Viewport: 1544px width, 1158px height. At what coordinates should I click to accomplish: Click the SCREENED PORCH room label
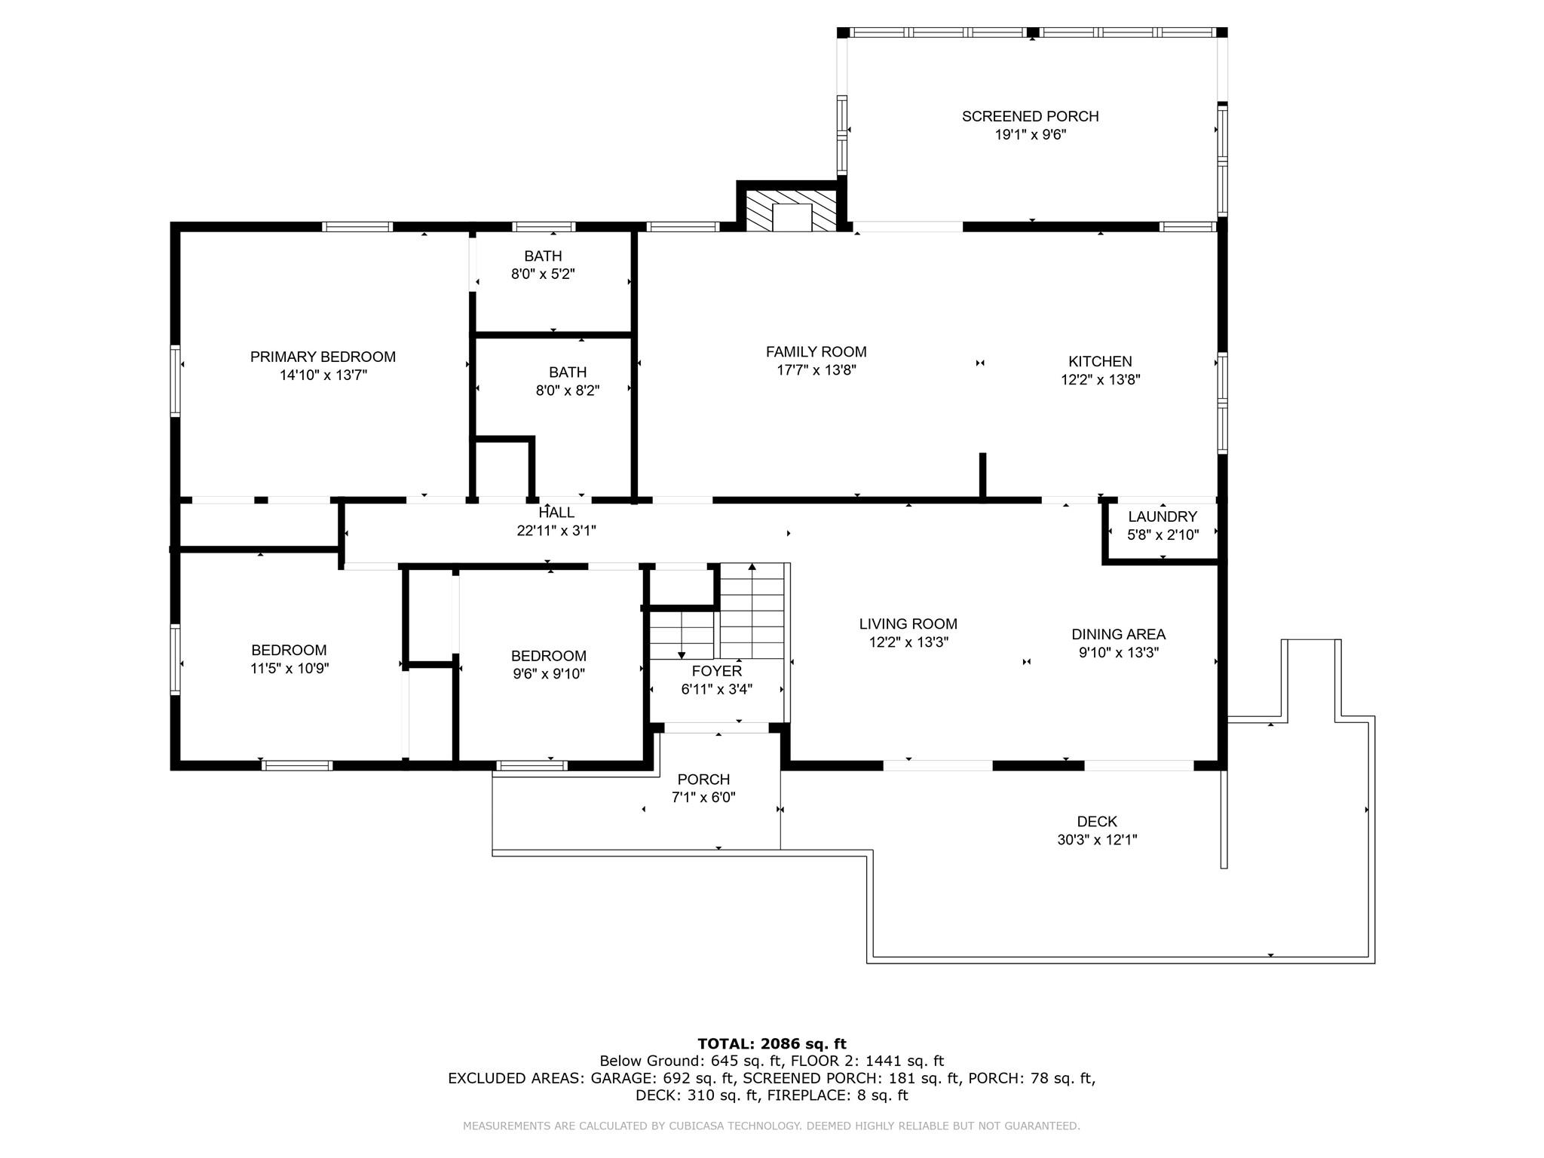1030,116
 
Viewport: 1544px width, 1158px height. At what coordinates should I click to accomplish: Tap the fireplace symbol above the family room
791,216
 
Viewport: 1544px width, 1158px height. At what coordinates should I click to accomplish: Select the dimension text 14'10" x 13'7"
323,375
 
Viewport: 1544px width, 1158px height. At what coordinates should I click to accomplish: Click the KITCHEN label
1100,361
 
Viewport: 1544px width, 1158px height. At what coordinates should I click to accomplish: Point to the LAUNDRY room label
1162,516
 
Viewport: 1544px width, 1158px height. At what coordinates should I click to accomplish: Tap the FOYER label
716,670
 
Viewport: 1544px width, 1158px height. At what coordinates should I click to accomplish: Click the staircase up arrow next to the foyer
752,567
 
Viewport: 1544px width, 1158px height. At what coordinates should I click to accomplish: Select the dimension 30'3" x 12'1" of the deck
1096,840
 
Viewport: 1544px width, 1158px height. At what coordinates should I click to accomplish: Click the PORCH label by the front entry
703,779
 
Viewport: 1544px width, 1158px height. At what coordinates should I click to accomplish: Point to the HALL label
556,513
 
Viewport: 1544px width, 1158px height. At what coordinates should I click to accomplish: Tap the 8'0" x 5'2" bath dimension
543,274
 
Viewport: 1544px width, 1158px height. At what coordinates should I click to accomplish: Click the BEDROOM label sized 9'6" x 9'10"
548,655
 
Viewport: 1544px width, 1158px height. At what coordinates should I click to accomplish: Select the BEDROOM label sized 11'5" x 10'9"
289,650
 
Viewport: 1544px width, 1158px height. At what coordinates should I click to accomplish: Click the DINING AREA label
1118,634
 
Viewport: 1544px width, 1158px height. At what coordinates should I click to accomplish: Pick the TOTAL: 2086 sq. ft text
771,1043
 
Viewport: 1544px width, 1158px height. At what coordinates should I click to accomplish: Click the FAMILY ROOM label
816,351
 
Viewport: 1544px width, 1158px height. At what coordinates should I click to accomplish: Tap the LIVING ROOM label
908,623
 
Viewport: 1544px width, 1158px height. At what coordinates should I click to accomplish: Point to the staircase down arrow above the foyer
682,654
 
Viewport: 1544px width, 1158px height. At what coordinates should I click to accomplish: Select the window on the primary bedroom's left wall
175,381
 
